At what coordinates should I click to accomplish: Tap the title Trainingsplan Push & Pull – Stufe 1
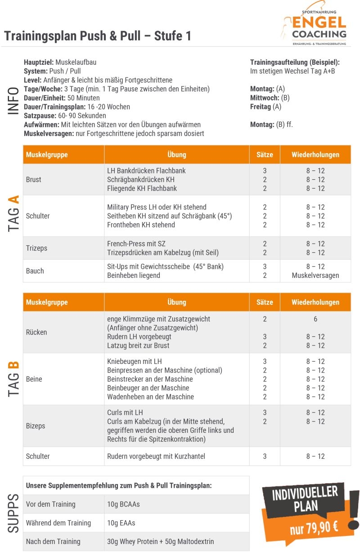pyautogui.click(x=98, y=36)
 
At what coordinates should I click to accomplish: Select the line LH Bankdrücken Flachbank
pyautogui.click(x=146, y=171)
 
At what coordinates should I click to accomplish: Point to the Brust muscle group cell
pyautogui.click(x=34, y=179)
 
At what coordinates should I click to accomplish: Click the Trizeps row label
pyautogui.click(x=36, y=248)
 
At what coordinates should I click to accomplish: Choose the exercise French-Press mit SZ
pyautogui.click(x=136, y=244)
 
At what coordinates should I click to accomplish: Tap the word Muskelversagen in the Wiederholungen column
pyautogui.click(x=315, y=275)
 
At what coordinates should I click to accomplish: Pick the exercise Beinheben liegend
pyautogui.click(x=134, y=275)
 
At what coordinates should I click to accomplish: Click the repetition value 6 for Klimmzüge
pyautogui.click(x=315, y=319)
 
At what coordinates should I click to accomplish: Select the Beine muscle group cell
pyautogui.click(x=34, y=379)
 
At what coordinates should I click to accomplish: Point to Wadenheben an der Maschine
pyautogui.click(x=150, y=397)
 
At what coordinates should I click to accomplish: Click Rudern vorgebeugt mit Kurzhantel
pyautogui.click(x=156, y=456)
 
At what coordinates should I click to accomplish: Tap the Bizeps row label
pyautogui.click(x=36, y=426)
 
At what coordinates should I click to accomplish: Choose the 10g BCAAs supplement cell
pyautogui.click(x=123, y=504)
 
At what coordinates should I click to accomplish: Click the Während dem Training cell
pyautogui.click(x=58, y=523)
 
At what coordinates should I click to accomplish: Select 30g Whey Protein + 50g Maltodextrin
pyautogui.click(x=161, y=541)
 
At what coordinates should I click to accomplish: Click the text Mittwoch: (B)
pyautogui.click(x=270, y=98)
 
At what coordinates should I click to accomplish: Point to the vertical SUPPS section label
pyautogui.click(x=13, y=513)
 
